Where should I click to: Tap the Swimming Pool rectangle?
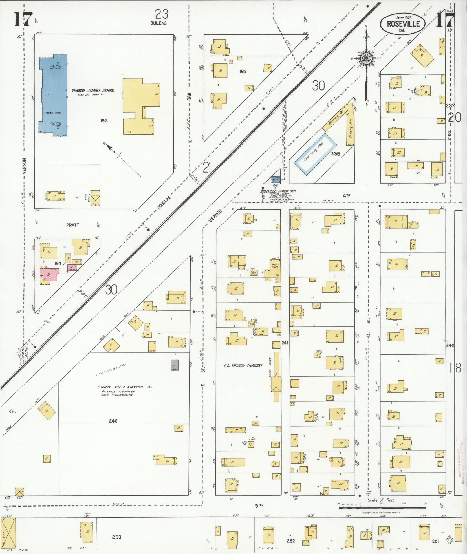point(316,152)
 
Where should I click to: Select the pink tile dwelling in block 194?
point(49,275)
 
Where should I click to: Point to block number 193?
point(104,120)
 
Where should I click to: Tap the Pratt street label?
point(73,225)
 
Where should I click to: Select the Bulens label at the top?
point(158,23)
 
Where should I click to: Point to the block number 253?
point(117,537)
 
